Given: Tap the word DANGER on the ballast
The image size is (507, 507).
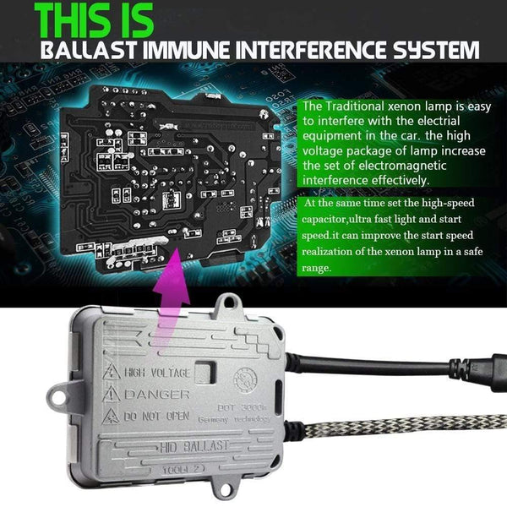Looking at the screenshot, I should point(156,395).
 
